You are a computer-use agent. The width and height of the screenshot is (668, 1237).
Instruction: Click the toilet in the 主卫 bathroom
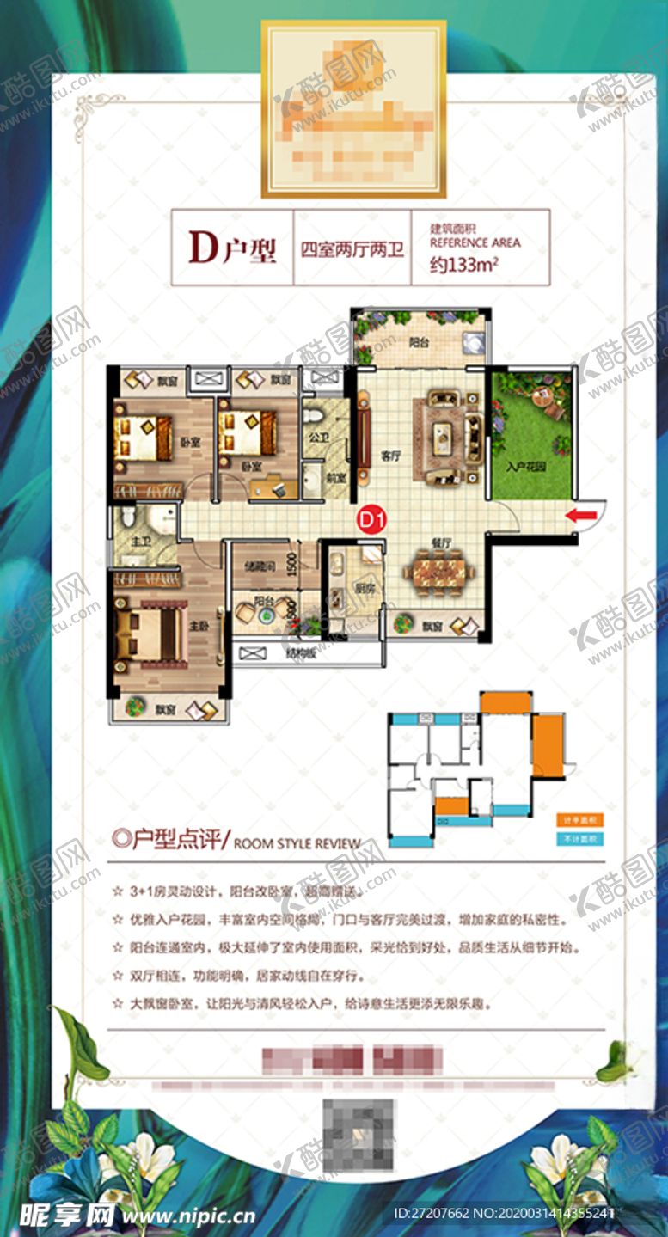pyautogui.click(x=127, y=517)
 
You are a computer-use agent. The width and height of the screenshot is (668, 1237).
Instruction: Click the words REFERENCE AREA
pyautogui.click(x=475, y=243)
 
